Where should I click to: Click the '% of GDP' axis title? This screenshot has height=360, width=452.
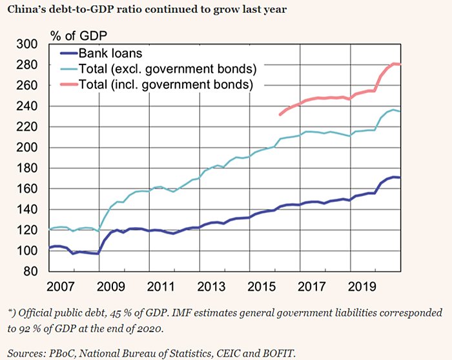tap(77, 34)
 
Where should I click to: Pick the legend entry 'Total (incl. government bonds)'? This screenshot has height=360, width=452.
tap(165, 84)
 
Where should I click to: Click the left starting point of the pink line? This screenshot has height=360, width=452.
tap(280, 115)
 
